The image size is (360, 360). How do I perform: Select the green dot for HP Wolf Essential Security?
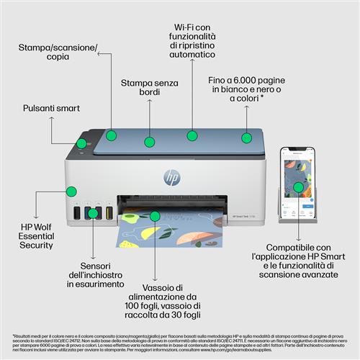coord(71,192)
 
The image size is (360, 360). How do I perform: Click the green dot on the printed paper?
coord(155,215)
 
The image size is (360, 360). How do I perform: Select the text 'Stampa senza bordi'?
coord(149,89)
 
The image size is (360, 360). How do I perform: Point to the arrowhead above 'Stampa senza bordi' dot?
coord(149,102)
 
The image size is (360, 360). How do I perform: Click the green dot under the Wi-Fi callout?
coord(192,135)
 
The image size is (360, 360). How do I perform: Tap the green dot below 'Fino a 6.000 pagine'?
coord(247,137)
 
